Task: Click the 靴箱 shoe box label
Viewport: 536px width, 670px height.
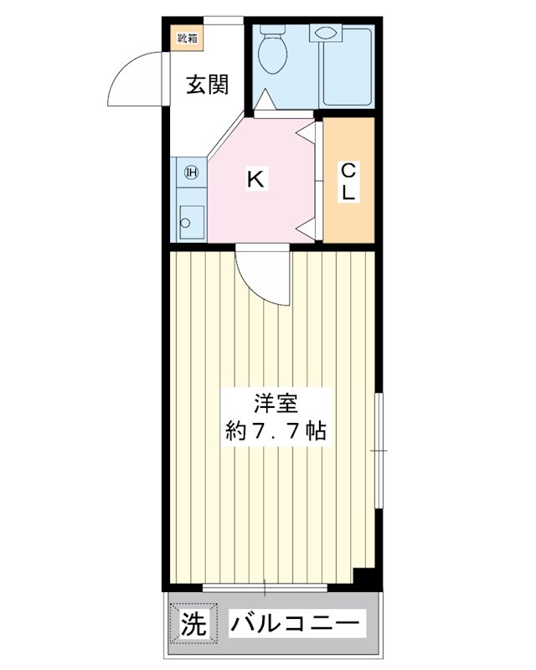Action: pyautogui.click(x=187, y=37)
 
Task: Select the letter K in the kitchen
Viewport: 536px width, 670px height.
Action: pyautogui.click(x=255, y=178)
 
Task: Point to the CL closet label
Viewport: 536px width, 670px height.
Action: pyautogui.click(x=348, y=180)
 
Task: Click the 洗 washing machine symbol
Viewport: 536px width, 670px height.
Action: pyautogui.click(x=193, y=624)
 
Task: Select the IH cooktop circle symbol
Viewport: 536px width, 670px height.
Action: pyautogui.click(x=191, y=173)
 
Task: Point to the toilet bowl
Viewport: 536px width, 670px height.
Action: pyautogui.click(x=272, y=54)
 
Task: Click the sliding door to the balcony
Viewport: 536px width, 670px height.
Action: pyautogui.click(x=264, y=587)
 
